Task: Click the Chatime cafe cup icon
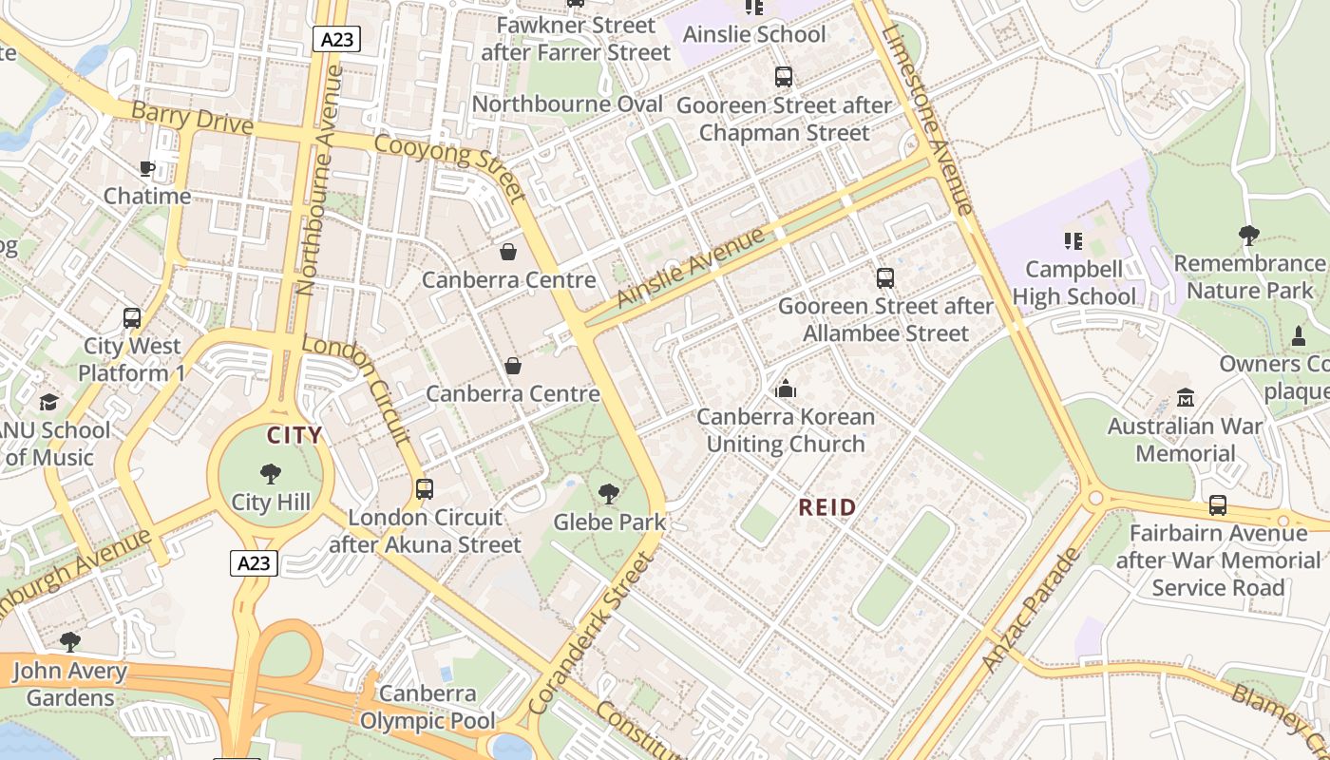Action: pos(146,168)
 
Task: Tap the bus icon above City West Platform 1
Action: pos(132,318)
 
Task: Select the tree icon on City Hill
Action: pos(271,474)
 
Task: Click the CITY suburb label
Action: pos(294,436)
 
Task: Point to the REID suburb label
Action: pos(826,507)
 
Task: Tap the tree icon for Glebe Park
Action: pos(608,494)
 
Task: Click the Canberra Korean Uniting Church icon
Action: pos(786,389)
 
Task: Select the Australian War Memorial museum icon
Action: pos(1185,397)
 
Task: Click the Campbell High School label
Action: pos(1073,283)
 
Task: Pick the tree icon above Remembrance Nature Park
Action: pos(1248,235)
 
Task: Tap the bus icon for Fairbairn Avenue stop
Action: pos(1218,505)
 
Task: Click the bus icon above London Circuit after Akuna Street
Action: pos(425,489)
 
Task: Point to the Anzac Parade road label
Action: pos(1032,610)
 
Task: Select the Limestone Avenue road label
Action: pos(927,119)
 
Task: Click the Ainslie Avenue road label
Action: pos(690,267)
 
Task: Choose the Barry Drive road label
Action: pos(192,119)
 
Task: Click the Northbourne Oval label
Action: pos(567,104)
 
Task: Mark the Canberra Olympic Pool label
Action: pos(427,708)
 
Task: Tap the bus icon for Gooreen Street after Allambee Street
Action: pos(884,278)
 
